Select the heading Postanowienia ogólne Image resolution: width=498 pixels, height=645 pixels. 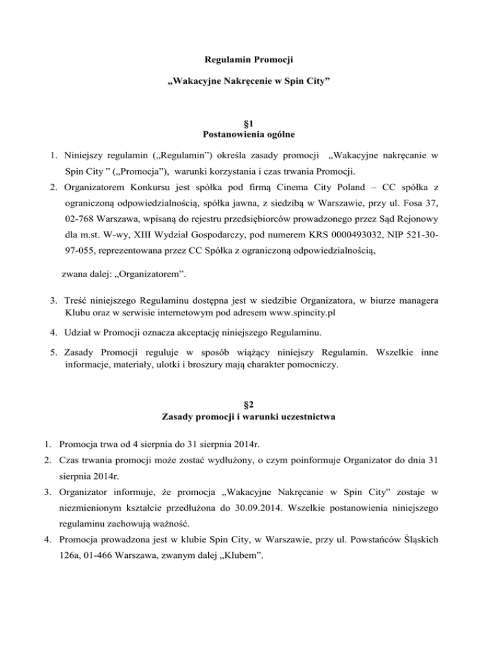click(x=248, y=135)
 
